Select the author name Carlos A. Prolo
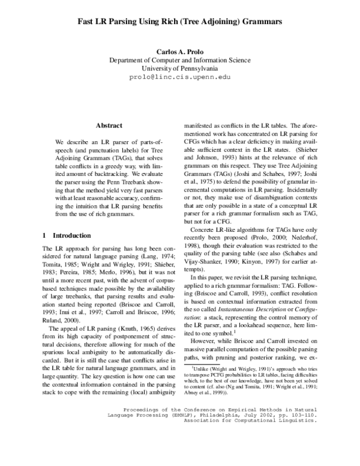tap(180, 52)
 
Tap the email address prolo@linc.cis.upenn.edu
tap(180, 77)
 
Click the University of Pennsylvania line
tap(180, 69)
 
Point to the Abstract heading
tap(109, 125)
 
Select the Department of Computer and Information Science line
tap(180, 61)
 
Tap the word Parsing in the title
tap(131, 21)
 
